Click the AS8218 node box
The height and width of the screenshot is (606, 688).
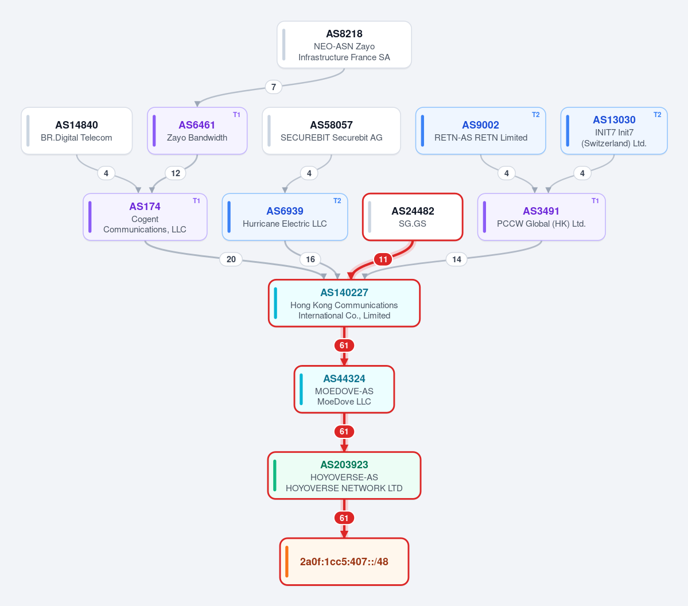click(x=344, y=45)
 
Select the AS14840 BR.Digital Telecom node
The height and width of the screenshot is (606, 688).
click(x=77, y=131)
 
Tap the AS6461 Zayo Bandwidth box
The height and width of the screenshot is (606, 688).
click(x=197, y=131)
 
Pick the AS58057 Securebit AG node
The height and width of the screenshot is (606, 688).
click(x=331, y=131)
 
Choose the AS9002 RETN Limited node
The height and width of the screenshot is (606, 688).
click(x=480, y=131)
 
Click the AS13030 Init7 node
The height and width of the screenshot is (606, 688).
click(x=614, y=131)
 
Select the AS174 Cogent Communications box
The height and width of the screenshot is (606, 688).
click(x=145, y=217)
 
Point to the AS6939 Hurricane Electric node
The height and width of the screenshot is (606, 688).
click(x=285, y=217)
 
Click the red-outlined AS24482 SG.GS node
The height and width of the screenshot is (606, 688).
click(x=413, y=217)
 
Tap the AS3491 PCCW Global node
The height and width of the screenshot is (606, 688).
click(x=542, y=217)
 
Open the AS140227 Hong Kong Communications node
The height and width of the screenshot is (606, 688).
click(x=344, y=303)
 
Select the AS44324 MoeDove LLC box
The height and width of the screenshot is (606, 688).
click(x=344, y=389)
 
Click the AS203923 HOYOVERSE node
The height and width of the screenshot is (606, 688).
click(x=344, y=475)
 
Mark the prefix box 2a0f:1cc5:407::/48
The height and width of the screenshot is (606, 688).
click(x=344, y=562)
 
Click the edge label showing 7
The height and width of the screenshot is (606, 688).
click(x=273, y=87)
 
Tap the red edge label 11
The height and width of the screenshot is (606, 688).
click(x=383, y=259)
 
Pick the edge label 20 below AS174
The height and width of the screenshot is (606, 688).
click(x=231, y=259)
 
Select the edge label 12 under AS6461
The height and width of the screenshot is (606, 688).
click(x=176, y=173)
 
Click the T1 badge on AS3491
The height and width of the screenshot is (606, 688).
click(x=595, y=201)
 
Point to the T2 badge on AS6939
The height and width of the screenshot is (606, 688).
click(x=337, y=201)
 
